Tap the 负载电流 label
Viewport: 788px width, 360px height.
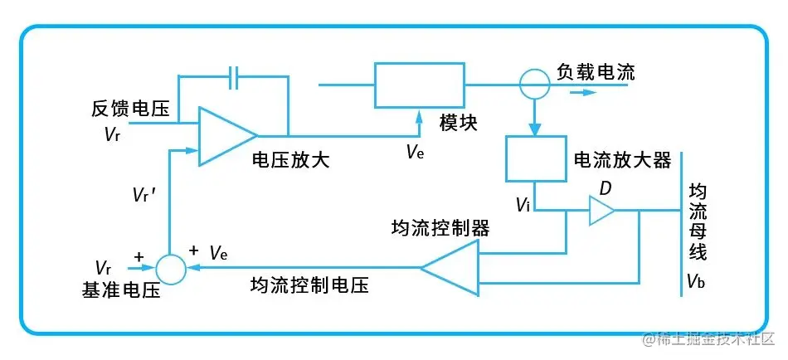click(596, 72)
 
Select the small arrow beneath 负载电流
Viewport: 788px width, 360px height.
click(584, 92)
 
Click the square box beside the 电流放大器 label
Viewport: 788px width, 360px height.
click(534, 160)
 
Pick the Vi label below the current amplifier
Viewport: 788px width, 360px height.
click(522, 204)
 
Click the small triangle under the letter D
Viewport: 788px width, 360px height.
click(601, 212)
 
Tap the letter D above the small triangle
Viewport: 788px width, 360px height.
click(606, 188)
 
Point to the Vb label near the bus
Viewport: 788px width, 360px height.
click(695, 282)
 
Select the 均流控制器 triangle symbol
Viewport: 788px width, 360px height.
click(452, 267)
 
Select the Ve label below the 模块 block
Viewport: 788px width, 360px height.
click(415, 151)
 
